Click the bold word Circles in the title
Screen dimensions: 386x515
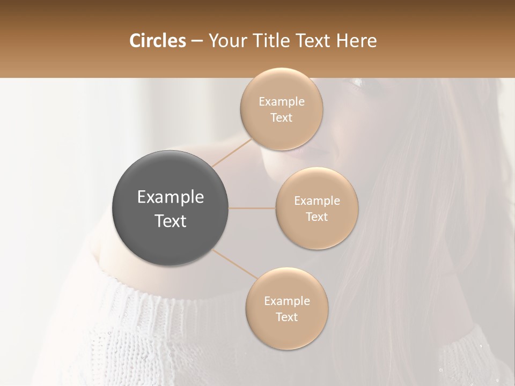click(157, 41)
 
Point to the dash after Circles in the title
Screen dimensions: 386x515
click(196, 41)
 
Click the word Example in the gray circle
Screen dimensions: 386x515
click(171, 197)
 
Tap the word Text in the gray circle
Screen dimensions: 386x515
click(171, 221)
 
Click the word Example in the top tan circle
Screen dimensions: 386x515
click(282, 102)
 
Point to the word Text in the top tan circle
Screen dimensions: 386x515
click(281, 118)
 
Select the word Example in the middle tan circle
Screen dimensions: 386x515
click(317, 201)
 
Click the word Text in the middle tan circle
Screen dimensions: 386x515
click(317, 217)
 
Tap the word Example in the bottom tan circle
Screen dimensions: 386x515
click(287, 301)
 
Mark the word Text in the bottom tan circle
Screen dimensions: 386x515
click(286, 317)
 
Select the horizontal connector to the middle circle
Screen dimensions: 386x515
click(252, 208)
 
